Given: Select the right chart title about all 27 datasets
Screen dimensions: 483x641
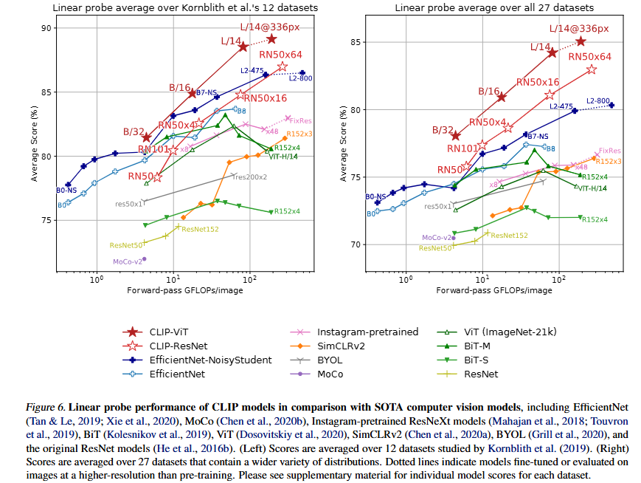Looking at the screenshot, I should pyautogui.click(x=494, y=8).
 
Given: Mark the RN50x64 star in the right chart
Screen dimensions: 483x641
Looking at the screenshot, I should pyautogui.click(x=592, y=69).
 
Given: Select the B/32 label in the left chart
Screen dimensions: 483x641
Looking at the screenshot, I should pyautogui.click(x=134, y=132).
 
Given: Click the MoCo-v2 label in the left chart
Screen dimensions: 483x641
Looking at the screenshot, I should pyautogui.click(x=126, y=261).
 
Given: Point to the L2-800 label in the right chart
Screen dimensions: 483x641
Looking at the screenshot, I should pyautogui.click(x=598, y=100).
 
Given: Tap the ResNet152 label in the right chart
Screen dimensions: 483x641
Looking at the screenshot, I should pyautogui.click(x=509, y=236).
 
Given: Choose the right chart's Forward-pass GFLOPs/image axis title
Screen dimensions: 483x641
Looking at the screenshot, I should pyautogui.click(x=493, y=291).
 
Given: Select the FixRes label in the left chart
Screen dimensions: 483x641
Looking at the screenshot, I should pyautogui.click(x=300, y=120).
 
